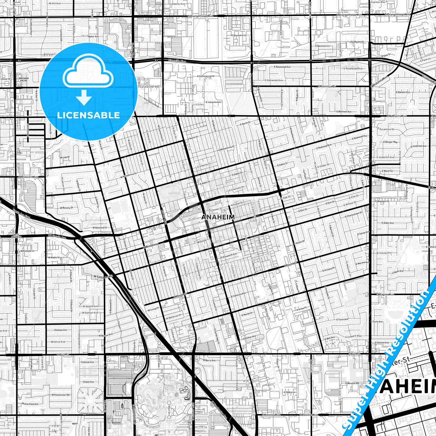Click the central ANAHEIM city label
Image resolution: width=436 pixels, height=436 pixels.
pyautogui.click(x=218, y=217)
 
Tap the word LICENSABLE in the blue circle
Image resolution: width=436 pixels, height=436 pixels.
pyautogui.click(x=88, y=115)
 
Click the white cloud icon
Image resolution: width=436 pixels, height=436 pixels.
pyautogui.click(x=88, y=74)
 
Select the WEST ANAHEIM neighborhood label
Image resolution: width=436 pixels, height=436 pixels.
pyautogui.click(x=16, y=236)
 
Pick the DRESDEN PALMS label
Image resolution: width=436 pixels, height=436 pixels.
pyautogui.click(x=24, y=79)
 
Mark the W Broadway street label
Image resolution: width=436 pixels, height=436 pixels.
pyautogui.click(x=151, y=246)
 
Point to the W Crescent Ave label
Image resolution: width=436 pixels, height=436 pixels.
pyautogui.click(x=28, y=177)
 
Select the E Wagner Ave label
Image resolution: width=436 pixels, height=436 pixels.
pyautogui.click(x=385, y=294)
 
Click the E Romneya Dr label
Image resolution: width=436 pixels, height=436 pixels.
pyautogui.click(x=327, y=86)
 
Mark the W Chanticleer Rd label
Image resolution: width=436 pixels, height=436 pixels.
pyautogui.click(x=60, y=395)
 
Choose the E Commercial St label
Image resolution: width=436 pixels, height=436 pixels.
pyautogui.click(x=205, y=76)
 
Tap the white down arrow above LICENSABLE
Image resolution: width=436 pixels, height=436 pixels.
pyautogui.click(x=84, y=98)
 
